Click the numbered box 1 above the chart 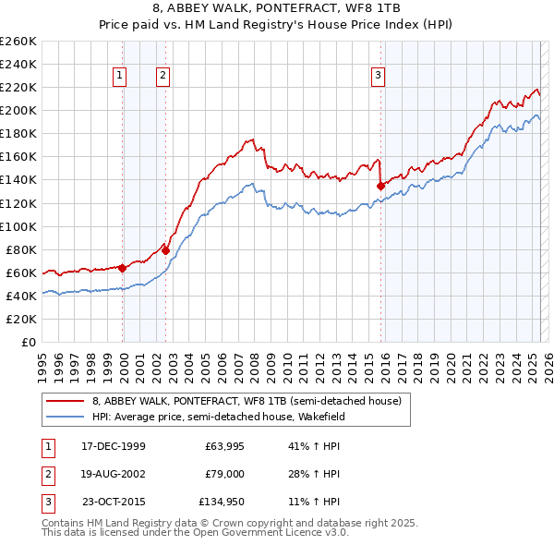(122, 77)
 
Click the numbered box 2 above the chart (163, 77)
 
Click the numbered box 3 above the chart (378, 77)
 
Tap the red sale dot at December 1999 (123, 268)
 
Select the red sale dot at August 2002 (166, 249)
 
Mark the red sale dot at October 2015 (381, 185)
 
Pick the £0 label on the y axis (30, 342)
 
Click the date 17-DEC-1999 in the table (114, 446)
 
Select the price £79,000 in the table (223, 474)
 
